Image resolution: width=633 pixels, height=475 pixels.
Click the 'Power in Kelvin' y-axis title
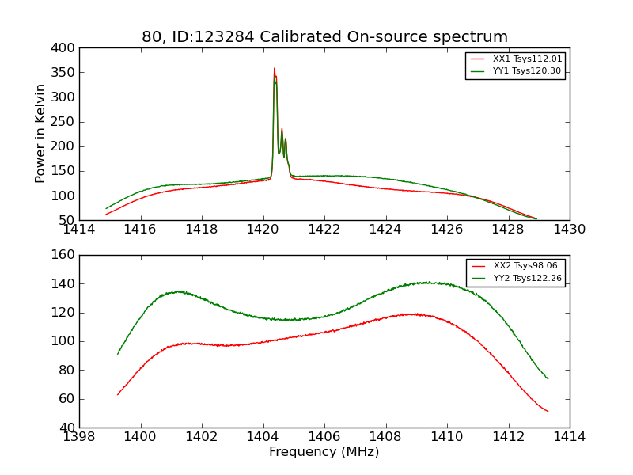40,134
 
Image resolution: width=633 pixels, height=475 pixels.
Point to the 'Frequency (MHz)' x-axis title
324,452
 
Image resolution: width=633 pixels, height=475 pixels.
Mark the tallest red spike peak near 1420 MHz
275,69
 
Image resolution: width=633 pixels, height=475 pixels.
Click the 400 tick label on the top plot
66,48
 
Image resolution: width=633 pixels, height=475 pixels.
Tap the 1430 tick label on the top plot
569,230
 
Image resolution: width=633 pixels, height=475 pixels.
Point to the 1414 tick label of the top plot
79,230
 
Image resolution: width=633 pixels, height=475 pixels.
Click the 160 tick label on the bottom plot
66,255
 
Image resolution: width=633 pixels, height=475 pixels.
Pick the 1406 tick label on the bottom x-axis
324,437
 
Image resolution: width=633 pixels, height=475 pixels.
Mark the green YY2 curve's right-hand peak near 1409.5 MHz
426,282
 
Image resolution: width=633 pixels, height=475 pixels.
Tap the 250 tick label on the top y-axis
66,122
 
